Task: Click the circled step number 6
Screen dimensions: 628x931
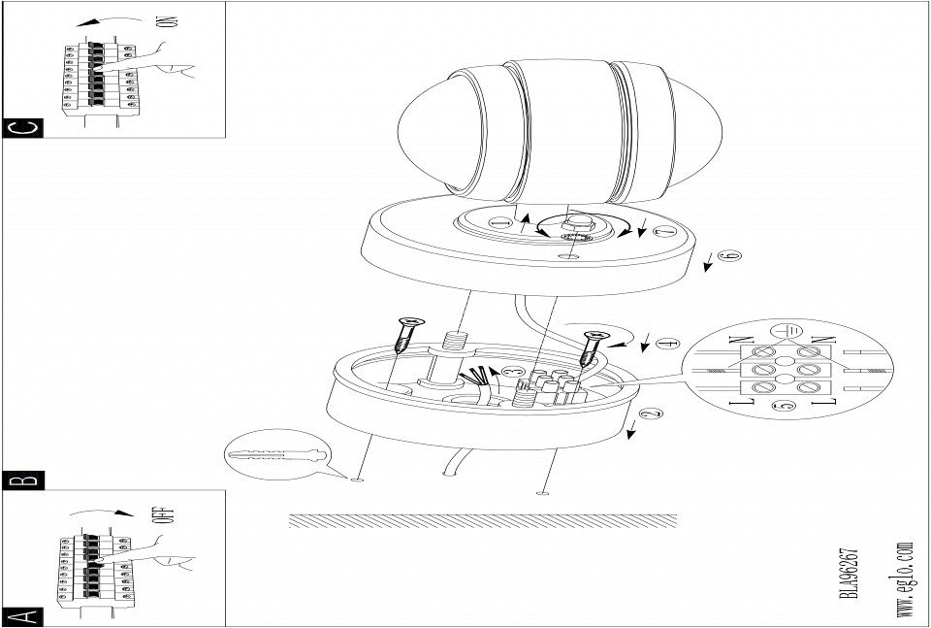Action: click(732, 255)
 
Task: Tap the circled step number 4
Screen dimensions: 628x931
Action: click(665, 344)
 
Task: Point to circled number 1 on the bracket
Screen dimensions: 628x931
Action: click(498, 223)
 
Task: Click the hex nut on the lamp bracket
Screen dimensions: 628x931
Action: click(576, 226)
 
